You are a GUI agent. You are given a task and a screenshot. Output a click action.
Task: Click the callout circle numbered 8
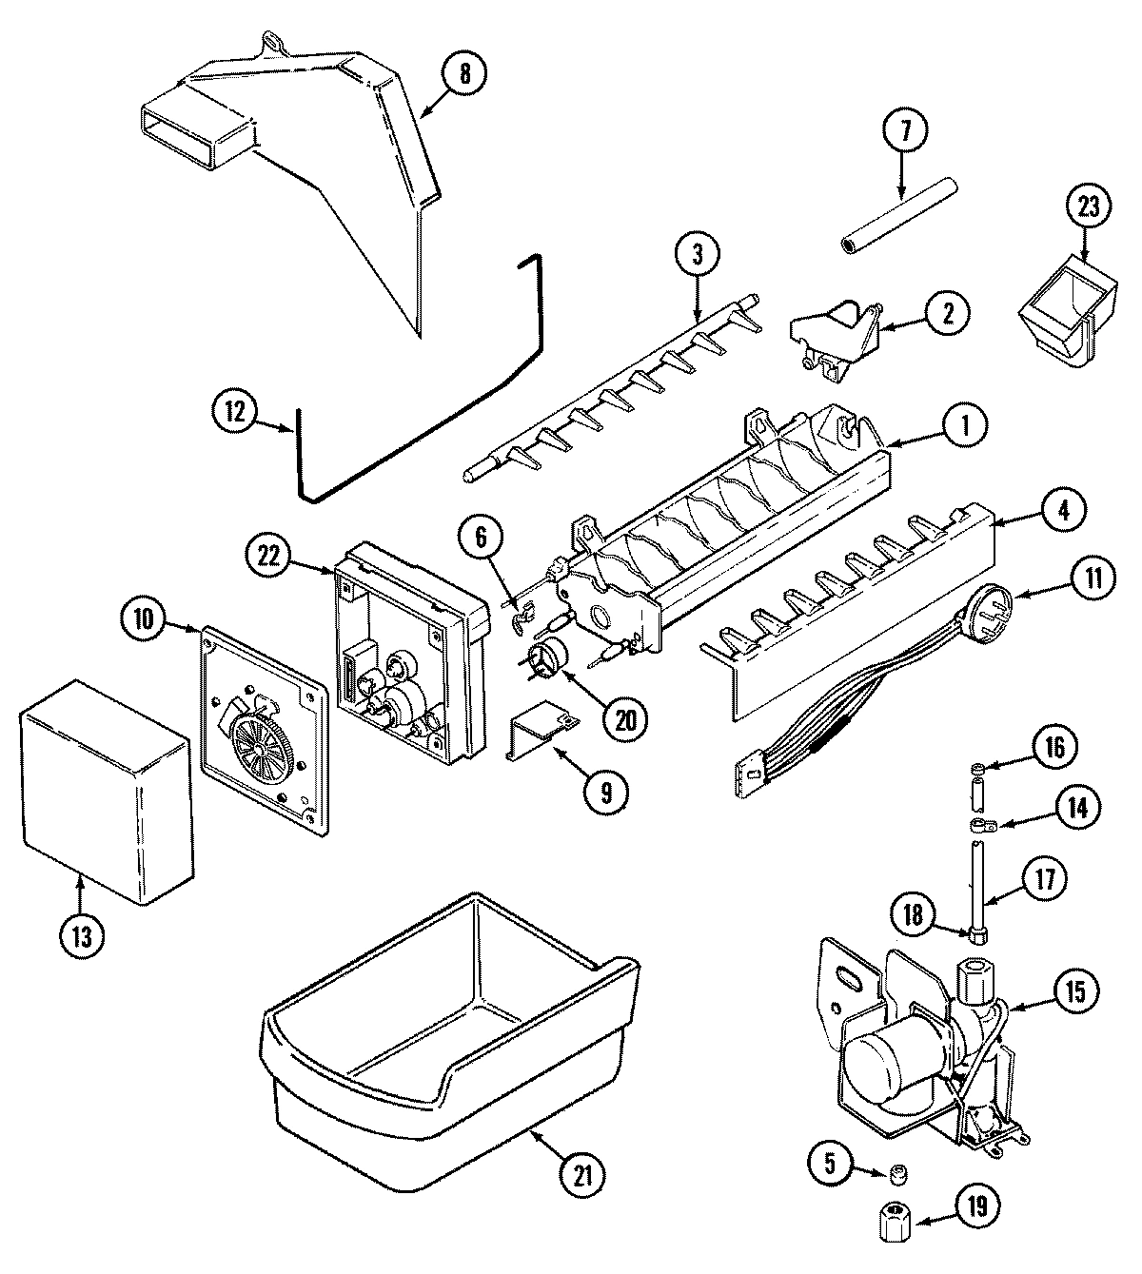[x=463, y=73]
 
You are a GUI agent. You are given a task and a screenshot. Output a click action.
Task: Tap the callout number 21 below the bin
[x=582, y=1175]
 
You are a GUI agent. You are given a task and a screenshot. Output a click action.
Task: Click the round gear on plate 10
[x=259, y=737]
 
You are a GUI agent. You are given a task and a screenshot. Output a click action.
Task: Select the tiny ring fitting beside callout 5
[x=895, y=1175]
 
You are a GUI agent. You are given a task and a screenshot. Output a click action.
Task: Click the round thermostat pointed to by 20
[x=546, y=659]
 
